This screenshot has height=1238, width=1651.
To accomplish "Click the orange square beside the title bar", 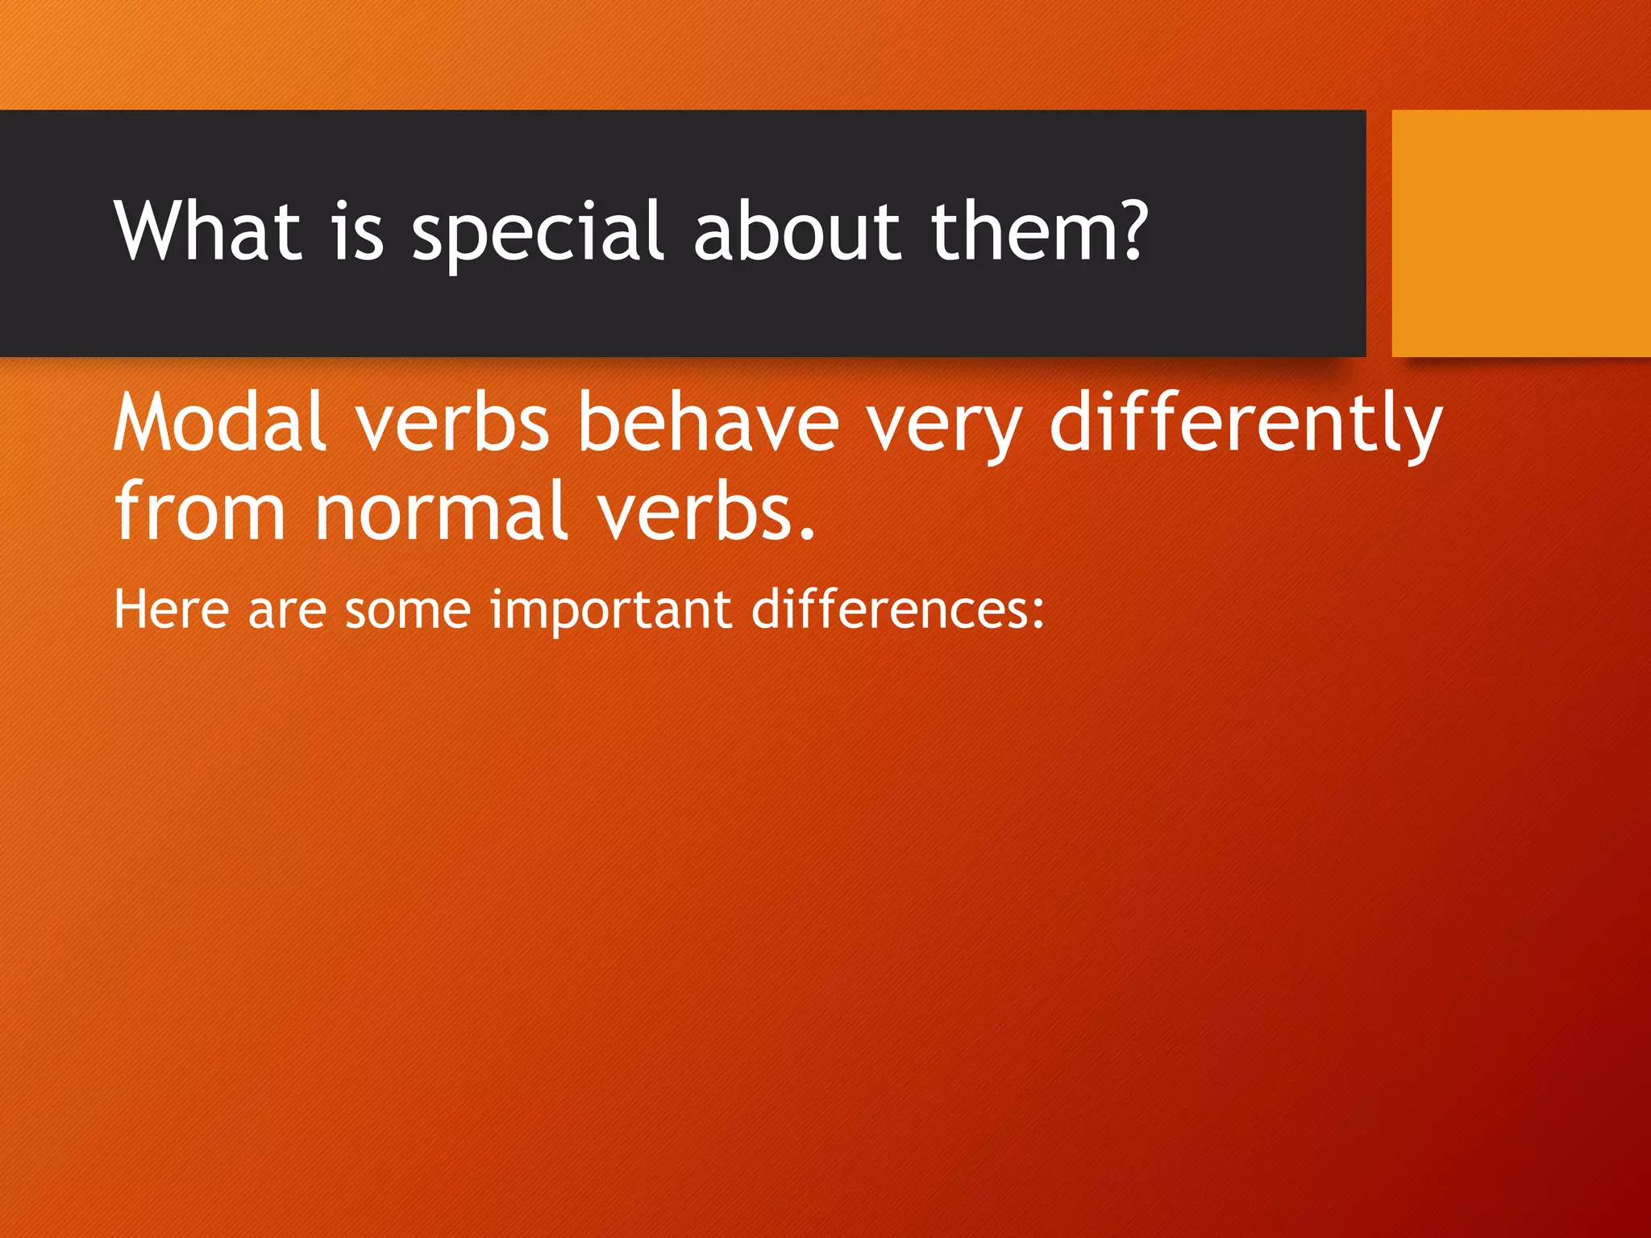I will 1520,233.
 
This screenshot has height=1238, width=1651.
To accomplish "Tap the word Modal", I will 220,422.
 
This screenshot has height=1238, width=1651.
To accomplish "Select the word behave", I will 709,422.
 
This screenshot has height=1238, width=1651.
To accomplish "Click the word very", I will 944,427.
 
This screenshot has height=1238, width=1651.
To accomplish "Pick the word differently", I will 1246,422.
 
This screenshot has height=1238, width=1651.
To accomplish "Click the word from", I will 200,510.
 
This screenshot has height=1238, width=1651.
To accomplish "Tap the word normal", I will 441,510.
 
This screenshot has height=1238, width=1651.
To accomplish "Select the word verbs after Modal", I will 452,422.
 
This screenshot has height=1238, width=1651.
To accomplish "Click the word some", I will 408,610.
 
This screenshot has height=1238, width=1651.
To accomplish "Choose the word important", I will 611,610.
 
